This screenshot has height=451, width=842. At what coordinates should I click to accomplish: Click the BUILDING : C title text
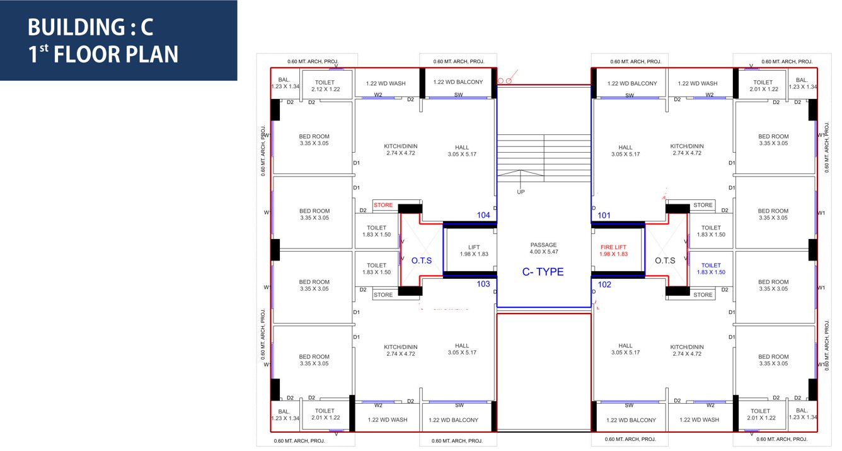[x=90, y=27]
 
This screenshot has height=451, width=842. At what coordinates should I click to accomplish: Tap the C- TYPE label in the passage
[x=543, y=272]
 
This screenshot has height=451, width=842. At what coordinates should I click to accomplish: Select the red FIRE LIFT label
[x=614, y=250]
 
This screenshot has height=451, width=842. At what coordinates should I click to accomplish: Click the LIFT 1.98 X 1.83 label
[x=474, y=250]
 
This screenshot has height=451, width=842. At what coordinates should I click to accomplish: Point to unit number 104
[x=483, y=215]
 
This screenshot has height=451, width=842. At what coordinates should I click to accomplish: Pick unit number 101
[x=604, y=215]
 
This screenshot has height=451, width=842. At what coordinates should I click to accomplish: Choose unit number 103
[x=483, y=284]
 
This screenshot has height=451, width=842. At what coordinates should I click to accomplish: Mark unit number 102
[x=604, y=284]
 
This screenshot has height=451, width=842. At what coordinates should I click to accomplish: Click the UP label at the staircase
[x=521, y=192]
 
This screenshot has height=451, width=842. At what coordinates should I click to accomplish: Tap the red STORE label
[x=383, y=205]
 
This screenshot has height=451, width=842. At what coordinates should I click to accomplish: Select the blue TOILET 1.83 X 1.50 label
[x=711, y=269]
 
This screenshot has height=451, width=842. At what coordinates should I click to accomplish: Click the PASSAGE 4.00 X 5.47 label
[x=543, y=248]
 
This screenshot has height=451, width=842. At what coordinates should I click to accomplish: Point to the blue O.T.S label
[x=422, y=261]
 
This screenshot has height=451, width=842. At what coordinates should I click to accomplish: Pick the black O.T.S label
[x=665, y=261]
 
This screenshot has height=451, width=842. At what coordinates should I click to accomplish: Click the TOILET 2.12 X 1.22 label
[x=325, y=86]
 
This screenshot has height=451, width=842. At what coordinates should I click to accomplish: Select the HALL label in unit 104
[x=462, y=151]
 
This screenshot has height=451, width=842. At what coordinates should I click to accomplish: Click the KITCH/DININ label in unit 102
[x=687, y=350]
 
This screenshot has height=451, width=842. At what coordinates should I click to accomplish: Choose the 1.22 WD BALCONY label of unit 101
[x=632, y=83]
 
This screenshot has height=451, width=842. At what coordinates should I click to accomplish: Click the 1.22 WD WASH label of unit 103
[x=386, y=419]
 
